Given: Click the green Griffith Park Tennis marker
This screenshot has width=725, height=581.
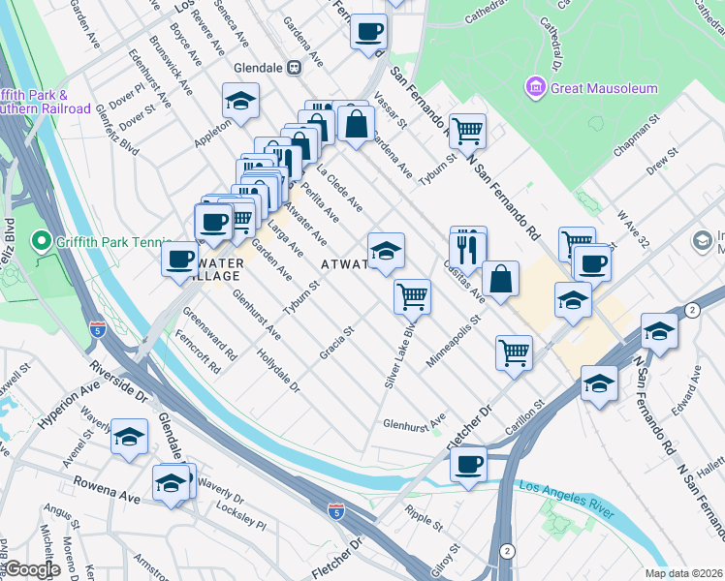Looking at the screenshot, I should (x=40, y=239).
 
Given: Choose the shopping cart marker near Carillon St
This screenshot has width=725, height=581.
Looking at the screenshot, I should (x=514, y=352).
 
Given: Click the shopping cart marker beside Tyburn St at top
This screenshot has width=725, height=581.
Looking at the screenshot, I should (x=468, y=129).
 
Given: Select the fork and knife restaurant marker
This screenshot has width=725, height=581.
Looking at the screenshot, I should (x=469, y=249).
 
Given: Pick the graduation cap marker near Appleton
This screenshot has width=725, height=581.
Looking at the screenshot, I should (x=239, y=101).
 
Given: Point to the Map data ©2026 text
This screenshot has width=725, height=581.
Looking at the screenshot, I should (x=692, y=573).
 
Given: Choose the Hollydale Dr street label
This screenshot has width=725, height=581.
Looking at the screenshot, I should (x=279, y=371).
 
